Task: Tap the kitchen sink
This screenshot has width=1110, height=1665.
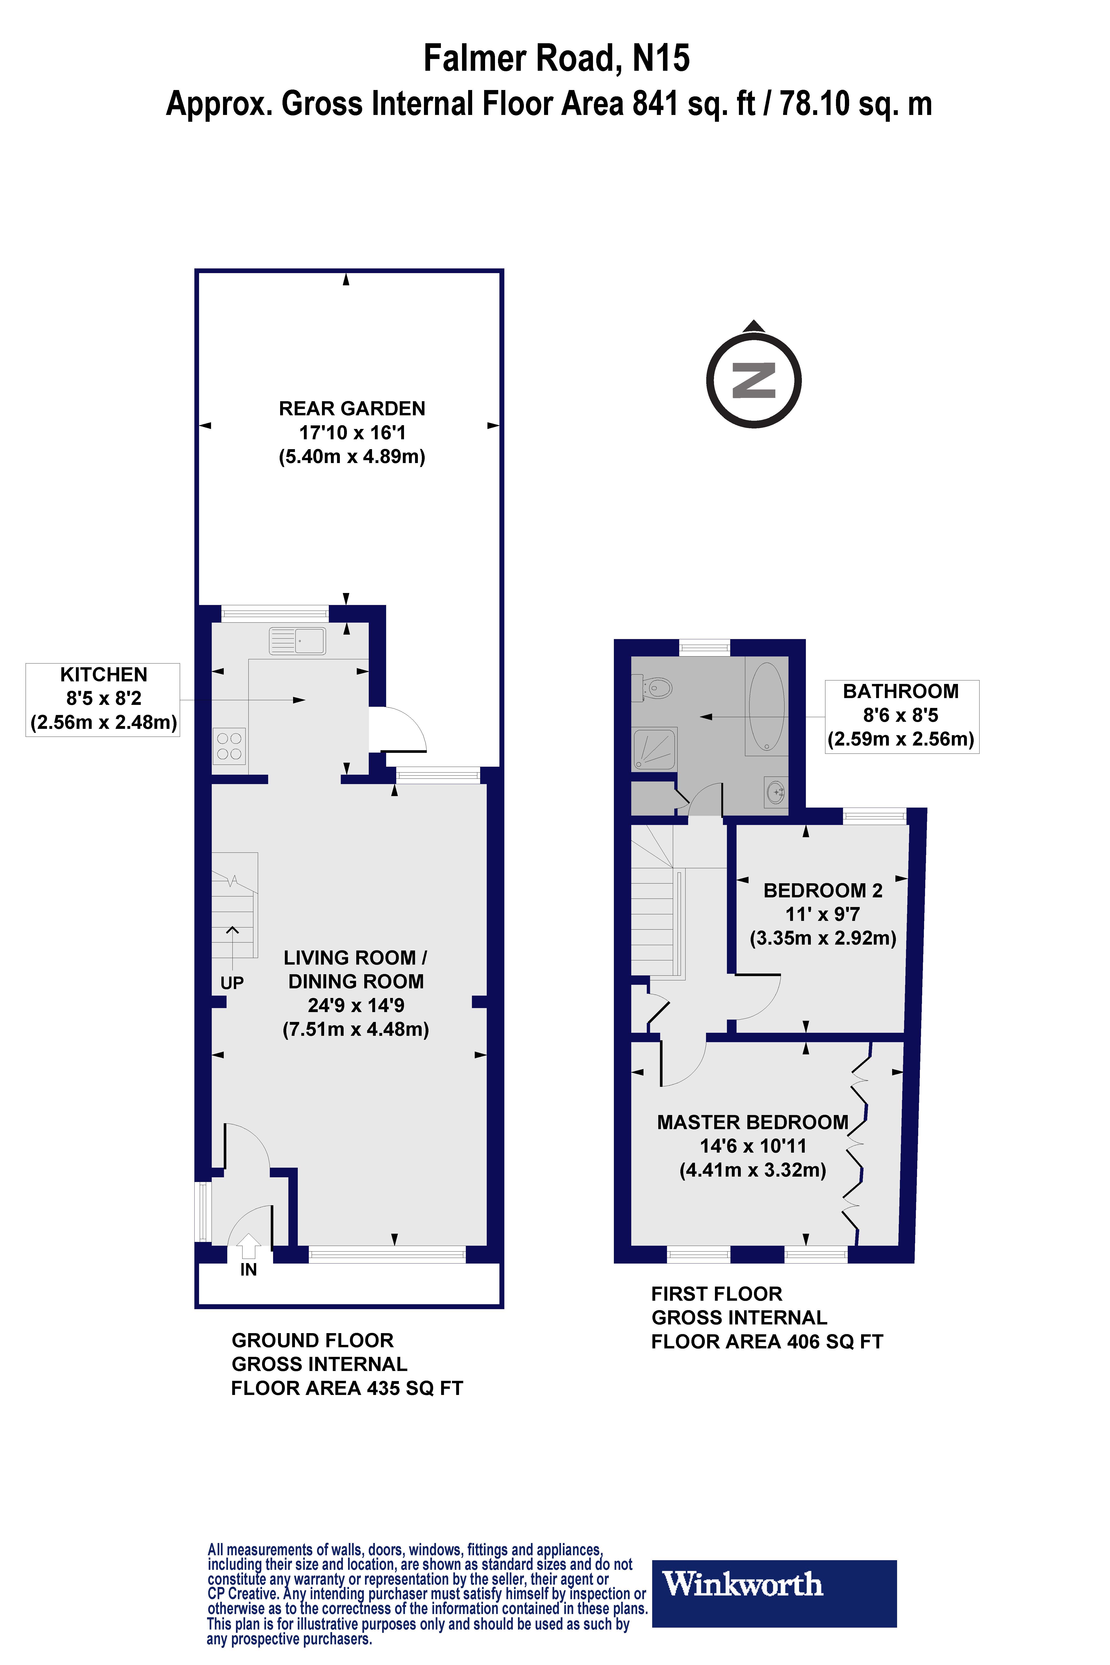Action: [297, 641]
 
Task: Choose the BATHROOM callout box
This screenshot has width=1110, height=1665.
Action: [901, 716]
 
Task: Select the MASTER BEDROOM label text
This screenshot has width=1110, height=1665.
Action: [753, 1122]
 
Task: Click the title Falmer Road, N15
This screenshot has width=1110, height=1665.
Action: [557, 58]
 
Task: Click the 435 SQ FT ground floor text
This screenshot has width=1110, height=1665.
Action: [414, 1388]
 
